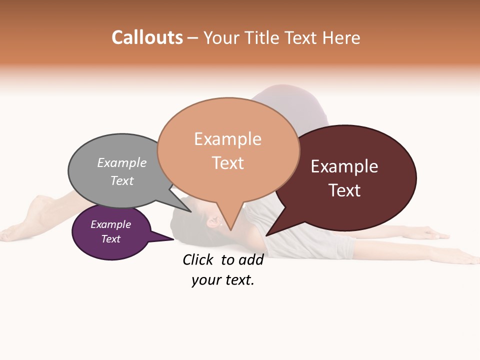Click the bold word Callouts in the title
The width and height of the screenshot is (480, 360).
(x=147, y=37)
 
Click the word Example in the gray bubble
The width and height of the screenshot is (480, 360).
(x=122, y=162)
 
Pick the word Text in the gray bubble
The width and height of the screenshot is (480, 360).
(x=122, y=180)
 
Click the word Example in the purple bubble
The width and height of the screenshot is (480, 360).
(x=111, y=224)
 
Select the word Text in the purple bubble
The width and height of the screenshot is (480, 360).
(x=111, y=239)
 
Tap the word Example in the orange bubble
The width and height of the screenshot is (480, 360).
(x=227, y=139)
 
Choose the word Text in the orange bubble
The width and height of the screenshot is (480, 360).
(x=228, y=163)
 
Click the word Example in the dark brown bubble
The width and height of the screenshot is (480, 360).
(x=344, y=166)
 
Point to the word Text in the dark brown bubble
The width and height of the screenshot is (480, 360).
(x=345, y=190)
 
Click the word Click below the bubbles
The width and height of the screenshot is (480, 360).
(x=199, y=259)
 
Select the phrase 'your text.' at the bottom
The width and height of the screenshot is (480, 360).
(x=223, y=280)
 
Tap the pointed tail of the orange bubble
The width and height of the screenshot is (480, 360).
(x=230, y=227)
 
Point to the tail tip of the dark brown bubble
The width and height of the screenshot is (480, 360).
(x=268, y=234)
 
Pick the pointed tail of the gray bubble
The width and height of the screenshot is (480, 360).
(x=188, y=210)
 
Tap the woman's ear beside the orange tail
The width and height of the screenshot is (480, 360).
(x=214, y=222)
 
